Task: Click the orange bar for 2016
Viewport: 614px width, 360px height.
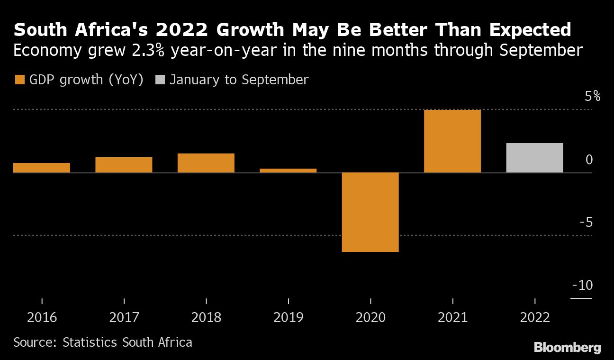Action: pos(42,168)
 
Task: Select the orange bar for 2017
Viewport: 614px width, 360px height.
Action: pos(124,165)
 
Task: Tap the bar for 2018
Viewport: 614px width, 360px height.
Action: pos(206,163)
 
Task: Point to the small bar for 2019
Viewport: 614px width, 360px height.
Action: pos(288,171)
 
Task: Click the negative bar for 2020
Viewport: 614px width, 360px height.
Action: pos(370,212)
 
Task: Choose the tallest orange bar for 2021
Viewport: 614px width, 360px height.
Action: pos(452,141)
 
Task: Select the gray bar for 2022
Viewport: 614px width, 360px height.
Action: pos(534,158)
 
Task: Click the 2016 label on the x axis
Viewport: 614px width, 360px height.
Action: pos(42,317)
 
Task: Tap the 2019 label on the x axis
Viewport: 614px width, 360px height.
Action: pos(288,317)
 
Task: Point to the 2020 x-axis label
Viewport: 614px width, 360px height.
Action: pos(370,317)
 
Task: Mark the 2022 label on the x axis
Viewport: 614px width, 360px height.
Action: pos(534,317)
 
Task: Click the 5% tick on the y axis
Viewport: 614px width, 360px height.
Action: pos(592,97)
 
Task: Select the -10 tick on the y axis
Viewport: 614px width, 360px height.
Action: pos(582,286)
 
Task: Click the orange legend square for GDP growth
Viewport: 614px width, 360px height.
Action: pos(19,80)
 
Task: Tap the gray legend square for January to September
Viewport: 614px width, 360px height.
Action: pos(160,80)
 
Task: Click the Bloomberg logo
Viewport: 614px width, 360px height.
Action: pos(567,348)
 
